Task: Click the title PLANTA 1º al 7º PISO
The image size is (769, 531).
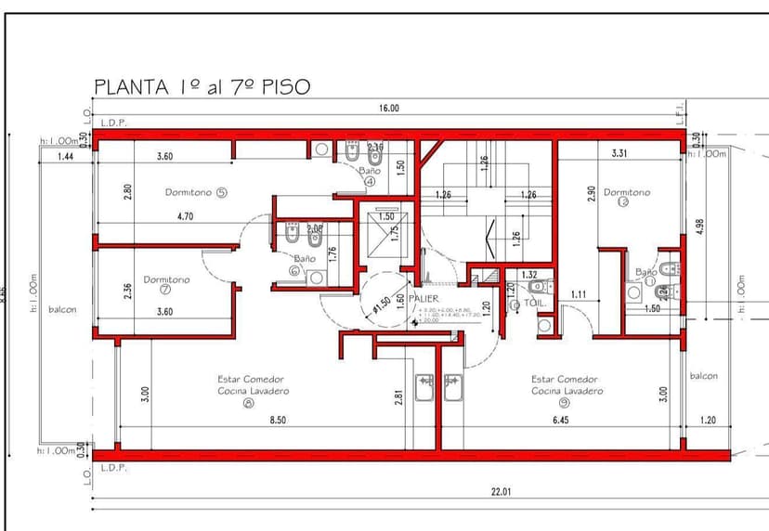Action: pos(202,86)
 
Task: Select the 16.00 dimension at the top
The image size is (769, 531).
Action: pos(388,109)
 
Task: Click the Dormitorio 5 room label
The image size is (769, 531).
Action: pos(196,193)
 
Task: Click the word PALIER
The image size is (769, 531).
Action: pos(423,299)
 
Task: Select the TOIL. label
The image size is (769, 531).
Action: pos(535,303)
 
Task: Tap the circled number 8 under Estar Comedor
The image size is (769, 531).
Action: pos(248,404)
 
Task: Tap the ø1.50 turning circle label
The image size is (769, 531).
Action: pos(381,304)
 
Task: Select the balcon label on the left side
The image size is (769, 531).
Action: pos(63,310)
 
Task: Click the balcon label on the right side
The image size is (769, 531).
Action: pos(703,376)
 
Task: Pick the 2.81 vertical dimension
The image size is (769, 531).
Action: pos(399,396)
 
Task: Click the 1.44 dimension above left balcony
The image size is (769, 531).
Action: pos(65,157)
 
